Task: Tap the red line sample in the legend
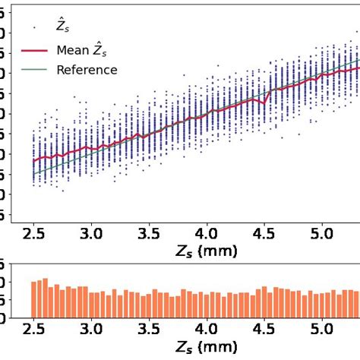click(x=36, y=50)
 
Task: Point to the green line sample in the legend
click(x=36, y=70)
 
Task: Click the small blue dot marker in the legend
click(x=36, y=27)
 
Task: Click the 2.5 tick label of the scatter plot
click(x=33, y=230)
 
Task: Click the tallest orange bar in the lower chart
click(x=45, y=298)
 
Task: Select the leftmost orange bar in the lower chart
click(x=33, y=299)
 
